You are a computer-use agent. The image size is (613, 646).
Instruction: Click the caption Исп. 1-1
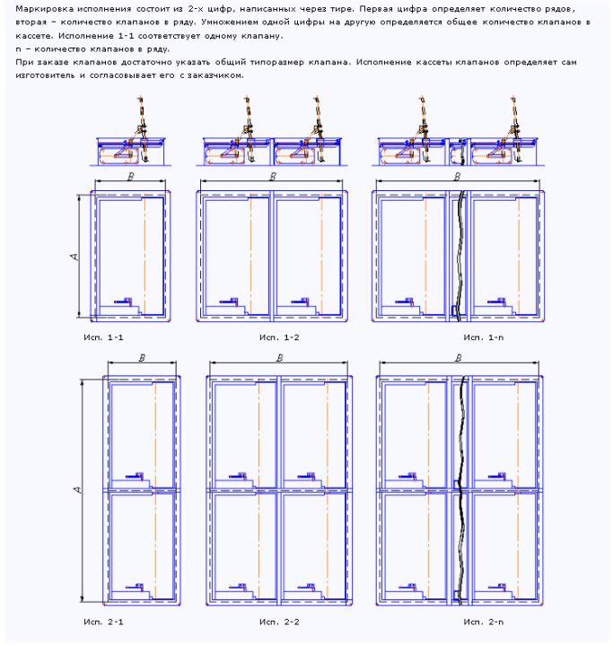click(103, 337)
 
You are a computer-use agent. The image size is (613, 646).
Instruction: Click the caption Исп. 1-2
click(279, 337)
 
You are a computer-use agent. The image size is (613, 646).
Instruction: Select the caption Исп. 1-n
click(483, 337)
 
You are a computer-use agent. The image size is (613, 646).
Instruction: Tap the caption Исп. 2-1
click(103, 622)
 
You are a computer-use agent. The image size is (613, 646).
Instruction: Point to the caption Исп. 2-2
click(279, 622)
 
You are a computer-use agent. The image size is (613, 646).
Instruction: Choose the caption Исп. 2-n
click(483, 622)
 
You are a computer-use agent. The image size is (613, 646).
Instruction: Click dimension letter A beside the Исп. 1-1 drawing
click(74, 257)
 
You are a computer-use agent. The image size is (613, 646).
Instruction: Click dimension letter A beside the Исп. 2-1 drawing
click(77, 490)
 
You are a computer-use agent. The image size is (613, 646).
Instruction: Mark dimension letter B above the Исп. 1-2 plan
click(273, 177)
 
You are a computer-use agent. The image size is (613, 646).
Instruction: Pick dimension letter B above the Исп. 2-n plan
click(458, 358)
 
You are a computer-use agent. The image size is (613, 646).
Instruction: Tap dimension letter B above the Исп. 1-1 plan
click(131, 177)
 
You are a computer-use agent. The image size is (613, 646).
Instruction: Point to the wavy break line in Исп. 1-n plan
click(460, 256)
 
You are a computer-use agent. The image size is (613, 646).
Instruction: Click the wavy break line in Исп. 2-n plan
click(462, 490)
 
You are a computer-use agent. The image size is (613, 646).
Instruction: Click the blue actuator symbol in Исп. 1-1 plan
click(124, 301)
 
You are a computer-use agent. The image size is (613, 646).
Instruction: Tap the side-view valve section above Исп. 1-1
click(131, 132)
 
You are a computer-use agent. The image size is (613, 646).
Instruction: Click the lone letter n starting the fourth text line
click(18, 49)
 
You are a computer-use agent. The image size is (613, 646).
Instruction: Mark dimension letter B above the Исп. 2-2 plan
click(279, 358)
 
